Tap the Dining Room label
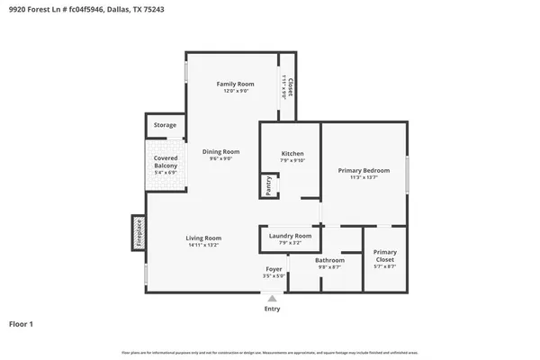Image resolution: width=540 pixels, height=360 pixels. [x=220, y=151]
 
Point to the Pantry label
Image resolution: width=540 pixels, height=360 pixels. [x=268, y=185]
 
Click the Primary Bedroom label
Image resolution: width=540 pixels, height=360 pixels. [x=364, y=170]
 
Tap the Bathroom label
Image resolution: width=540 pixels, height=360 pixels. [x=329, y=260]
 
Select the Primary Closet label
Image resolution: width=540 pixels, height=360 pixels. [x=385, y=256]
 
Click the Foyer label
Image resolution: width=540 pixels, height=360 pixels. [x=274, y=269]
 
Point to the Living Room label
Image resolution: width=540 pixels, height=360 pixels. [x=204, y=238]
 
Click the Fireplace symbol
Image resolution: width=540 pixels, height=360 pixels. [x=139, y=231]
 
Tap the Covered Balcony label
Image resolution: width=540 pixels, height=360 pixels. [x=166, y=162]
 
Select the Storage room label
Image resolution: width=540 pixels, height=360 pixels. [x=165, y=125]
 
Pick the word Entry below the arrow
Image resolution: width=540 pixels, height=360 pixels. [x=272, y=309]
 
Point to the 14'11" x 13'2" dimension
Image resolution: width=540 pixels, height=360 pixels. [x=204, y=245]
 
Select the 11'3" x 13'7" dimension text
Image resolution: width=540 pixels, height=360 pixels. [x=364, y=177]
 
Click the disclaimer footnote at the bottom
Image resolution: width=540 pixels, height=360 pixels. [x=270, y=352]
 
